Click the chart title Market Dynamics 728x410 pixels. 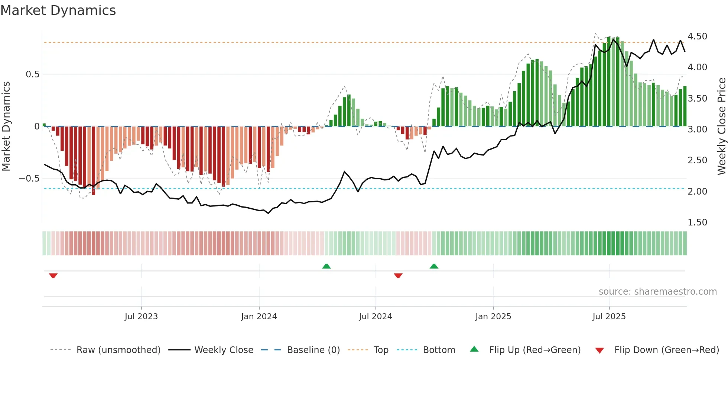[x=58, y=10]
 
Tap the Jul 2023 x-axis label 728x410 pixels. [x=141, y=317]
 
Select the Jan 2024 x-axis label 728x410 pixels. [x=259, y=317]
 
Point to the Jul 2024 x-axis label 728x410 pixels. [x=376, y=317]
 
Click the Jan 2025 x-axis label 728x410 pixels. [x=493, y=317]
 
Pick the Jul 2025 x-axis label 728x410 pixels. [x=609, y=317]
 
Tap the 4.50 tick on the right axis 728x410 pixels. [x=697, y=36]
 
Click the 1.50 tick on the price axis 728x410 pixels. [x=697, y=222]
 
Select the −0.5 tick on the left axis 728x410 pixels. [x=29, y=179]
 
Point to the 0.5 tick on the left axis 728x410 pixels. [x=32, y=74]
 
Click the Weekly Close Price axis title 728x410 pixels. [x=721, y=126]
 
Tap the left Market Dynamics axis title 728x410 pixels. [x=6, y=126]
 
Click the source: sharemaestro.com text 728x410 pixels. [x=657, y=292]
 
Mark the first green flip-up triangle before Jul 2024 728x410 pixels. [x=326, y=266]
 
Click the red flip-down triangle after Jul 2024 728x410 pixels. [x=398, y=276]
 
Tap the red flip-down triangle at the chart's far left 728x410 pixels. [x=53, y=276]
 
